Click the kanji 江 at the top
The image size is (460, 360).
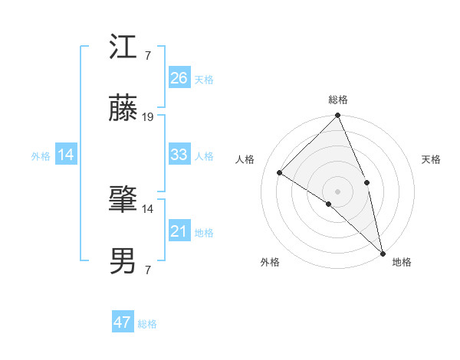point(123,49)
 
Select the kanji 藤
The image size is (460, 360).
point(123,110)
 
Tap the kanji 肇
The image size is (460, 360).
point(123,201)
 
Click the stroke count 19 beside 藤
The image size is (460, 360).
point(148,117)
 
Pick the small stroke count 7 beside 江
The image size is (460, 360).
point(147,56)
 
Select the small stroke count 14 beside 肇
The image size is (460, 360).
point(148,208)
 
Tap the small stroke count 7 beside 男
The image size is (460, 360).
point(147,269)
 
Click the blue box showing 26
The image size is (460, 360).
point(179,78)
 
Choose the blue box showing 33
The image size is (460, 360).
point(179,155)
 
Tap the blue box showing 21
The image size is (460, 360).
point(179,231)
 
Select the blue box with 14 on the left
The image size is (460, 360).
point(66,155)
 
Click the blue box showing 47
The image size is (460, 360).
point(123,322)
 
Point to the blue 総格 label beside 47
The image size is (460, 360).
point(148,324)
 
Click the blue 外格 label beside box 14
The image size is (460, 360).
point(41,156)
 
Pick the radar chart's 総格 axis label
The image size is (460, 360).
point(338,100)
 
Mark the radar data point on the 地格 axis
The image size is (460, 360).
point(383,252)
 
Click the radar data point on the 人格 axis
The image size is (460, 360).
point(280,172)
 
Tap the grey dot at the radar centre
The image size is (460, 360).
point(338,191)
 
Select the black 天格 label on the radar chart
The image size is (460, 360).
point(432,159)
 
